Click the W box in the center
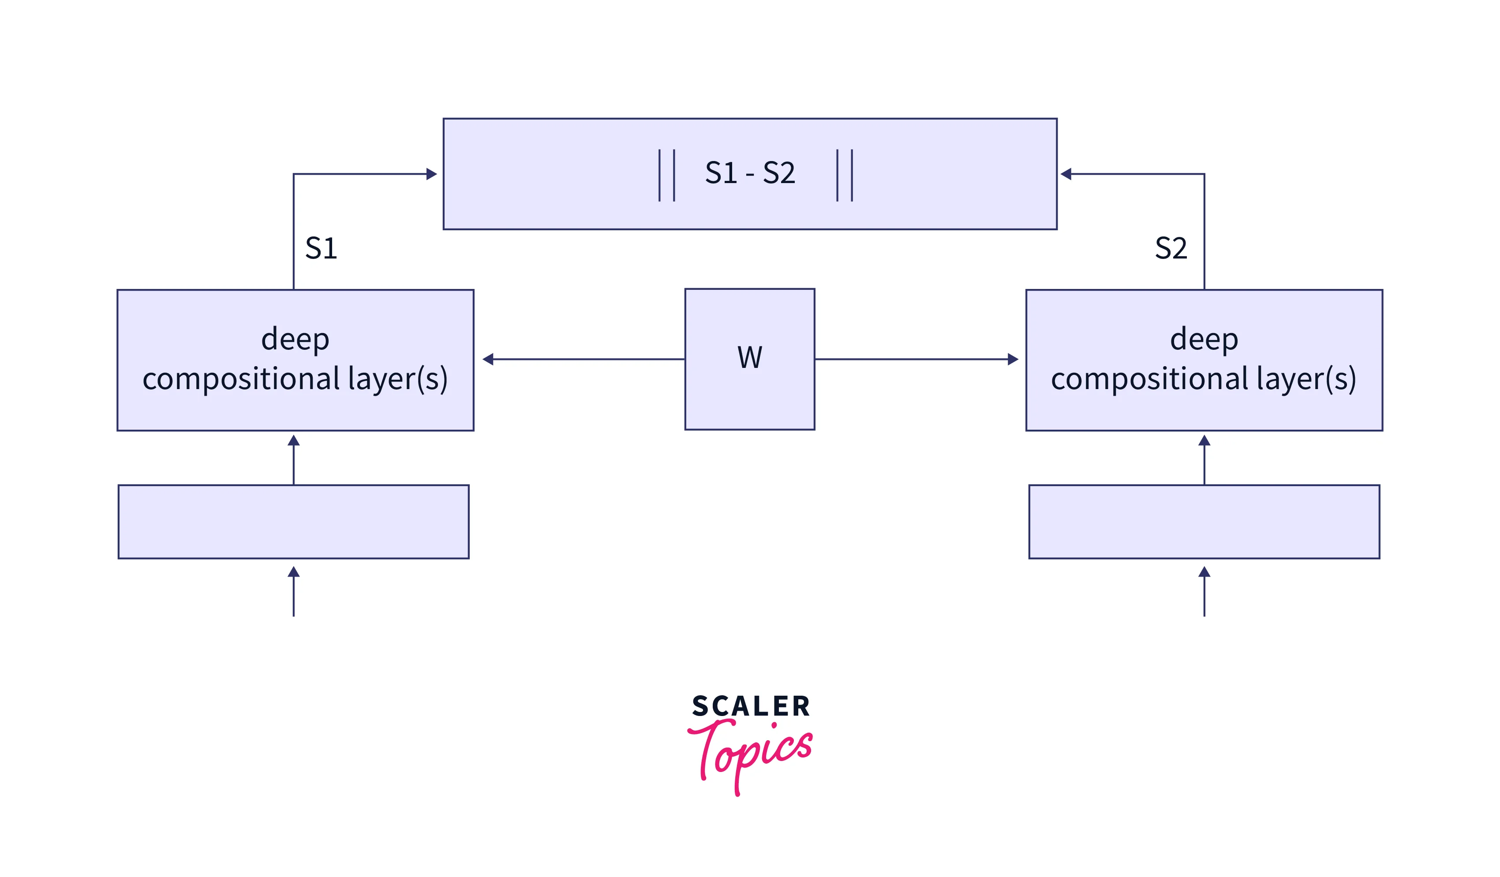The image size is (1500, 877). (749, 359)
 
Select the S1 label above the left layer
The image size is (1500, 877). (321, 248)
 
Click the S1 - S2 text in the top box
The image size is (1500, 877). (749, 173)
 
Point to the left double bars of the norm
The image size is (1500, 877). (667, 175)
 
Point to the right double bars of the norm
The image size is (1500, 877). (844, 175)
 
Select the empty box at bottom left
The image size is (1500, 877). (293, 521)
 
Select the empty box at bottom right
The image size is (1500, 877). (1204, 521)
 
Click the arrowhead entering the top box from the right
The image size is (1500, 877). (1066, 174)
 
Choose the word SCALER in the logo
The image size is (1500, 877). (751, 706)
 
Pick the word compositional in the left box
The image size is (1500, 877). (241, 379)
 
